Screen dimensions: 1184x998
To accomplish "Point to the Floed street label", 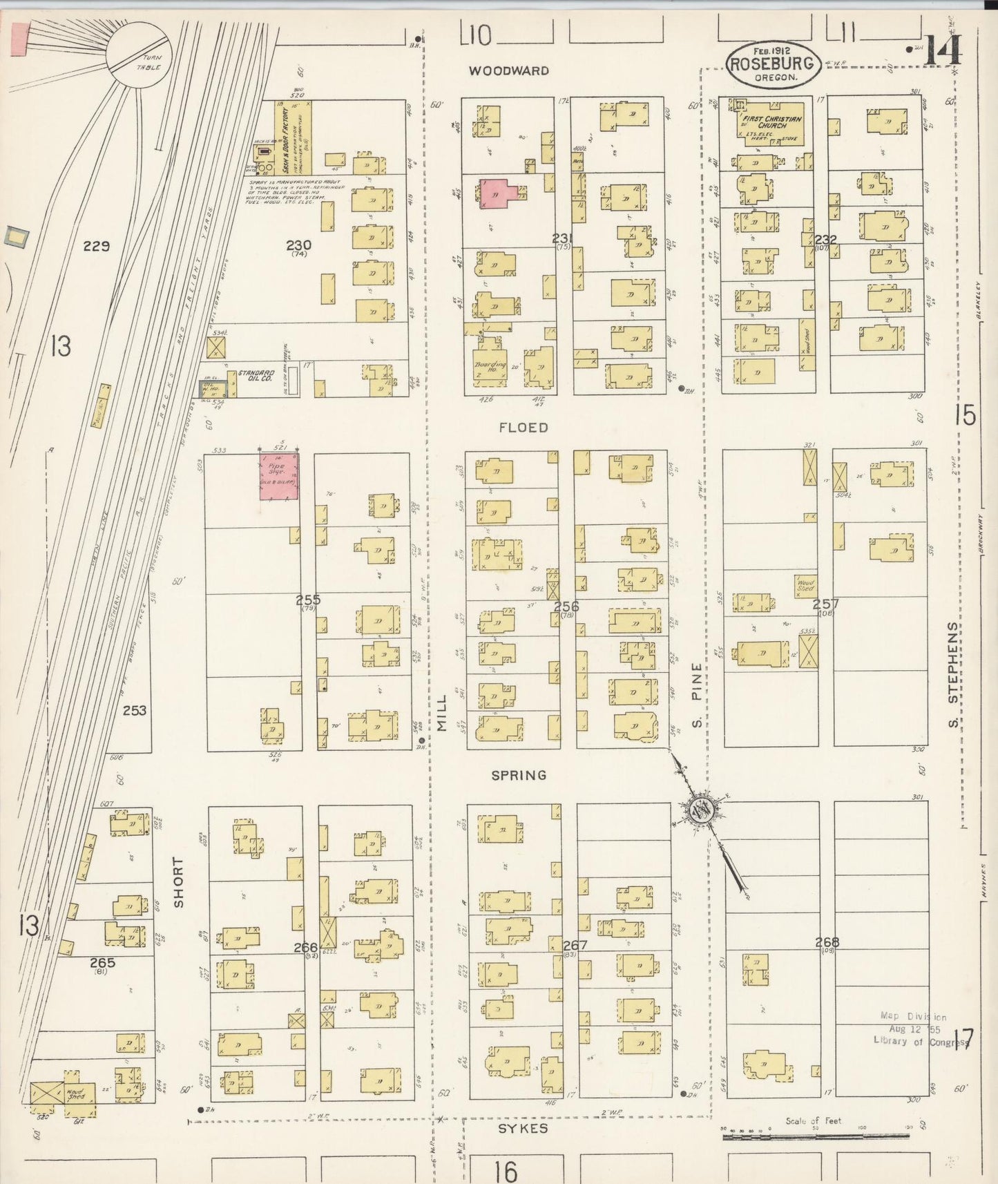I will pos(524,428).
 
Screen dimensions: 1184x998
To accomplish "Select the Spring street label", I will pos(519,775).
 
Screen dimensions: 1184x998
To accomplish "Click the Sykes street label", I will pos(523,1128).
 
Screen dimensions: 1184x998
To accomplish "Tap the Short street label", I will pos(179,882).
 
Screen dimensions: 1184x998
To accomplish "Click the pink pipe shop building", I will pos(279,475).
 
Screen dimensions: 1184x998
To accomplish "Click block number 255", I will pos(308,600).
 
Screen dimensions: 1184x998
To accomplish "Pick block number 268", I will pos(827,942).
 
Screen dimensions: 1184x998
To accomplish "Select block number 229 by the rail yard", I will pos(96,245).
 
